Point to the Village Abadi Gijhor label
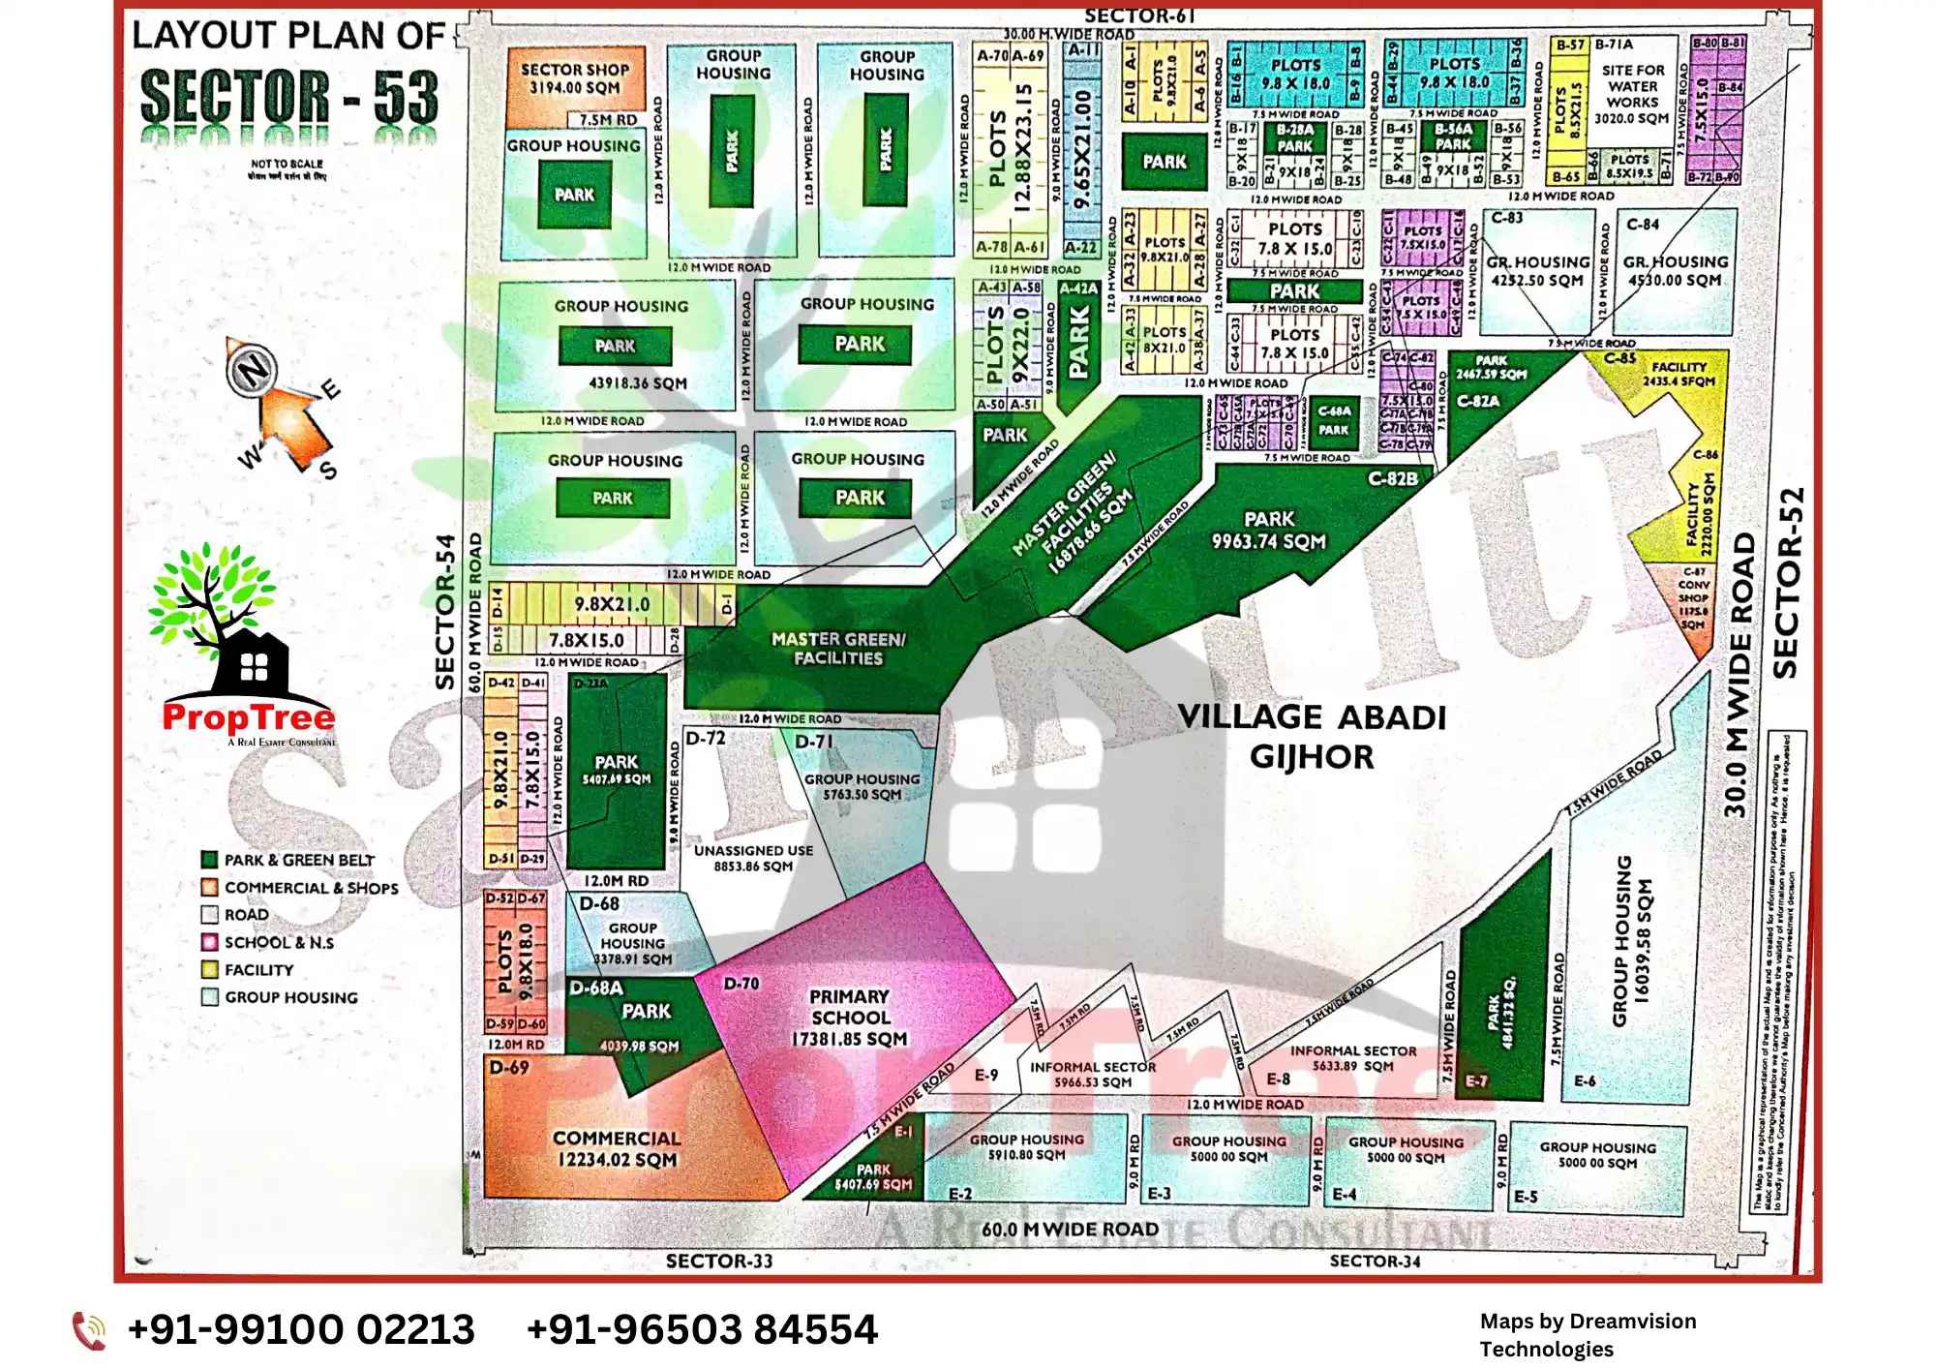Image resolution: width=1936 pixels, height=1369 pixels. pos(1312,736)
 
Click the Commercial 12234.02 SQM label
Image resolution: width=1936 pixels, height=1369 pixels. pos(617,1148)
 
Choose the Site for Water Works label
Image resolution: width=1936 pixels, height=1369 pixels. pos(1632,93)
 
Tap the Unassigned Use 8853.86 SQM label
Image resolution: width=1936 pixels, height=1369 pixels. pos(753,858)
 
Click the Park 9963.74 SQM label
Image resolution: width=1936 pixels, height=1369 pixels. pos(1269,530)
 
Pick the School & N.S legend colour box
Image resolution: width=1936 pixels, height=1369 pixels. pos(209,942)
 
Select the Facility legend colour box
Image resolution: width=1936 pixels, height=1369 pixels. pos(209,969)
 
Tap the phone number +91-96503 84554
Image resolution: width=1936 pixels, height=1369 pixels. pos(702,1329)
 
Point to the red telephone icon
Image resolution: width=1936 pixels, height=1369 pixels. pos(90,1330)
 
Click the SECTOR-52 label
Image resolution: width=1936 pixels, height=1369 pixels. pos(1787,582)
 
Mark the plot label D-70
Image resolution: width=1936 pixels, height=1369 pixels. pos(741,984)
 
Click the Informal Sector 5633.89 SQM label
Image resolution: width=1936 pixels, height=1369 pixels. pos(1353,1057)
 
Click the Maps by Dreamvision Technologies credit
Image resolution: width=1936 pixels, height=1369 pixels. pos(1588,1334)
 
